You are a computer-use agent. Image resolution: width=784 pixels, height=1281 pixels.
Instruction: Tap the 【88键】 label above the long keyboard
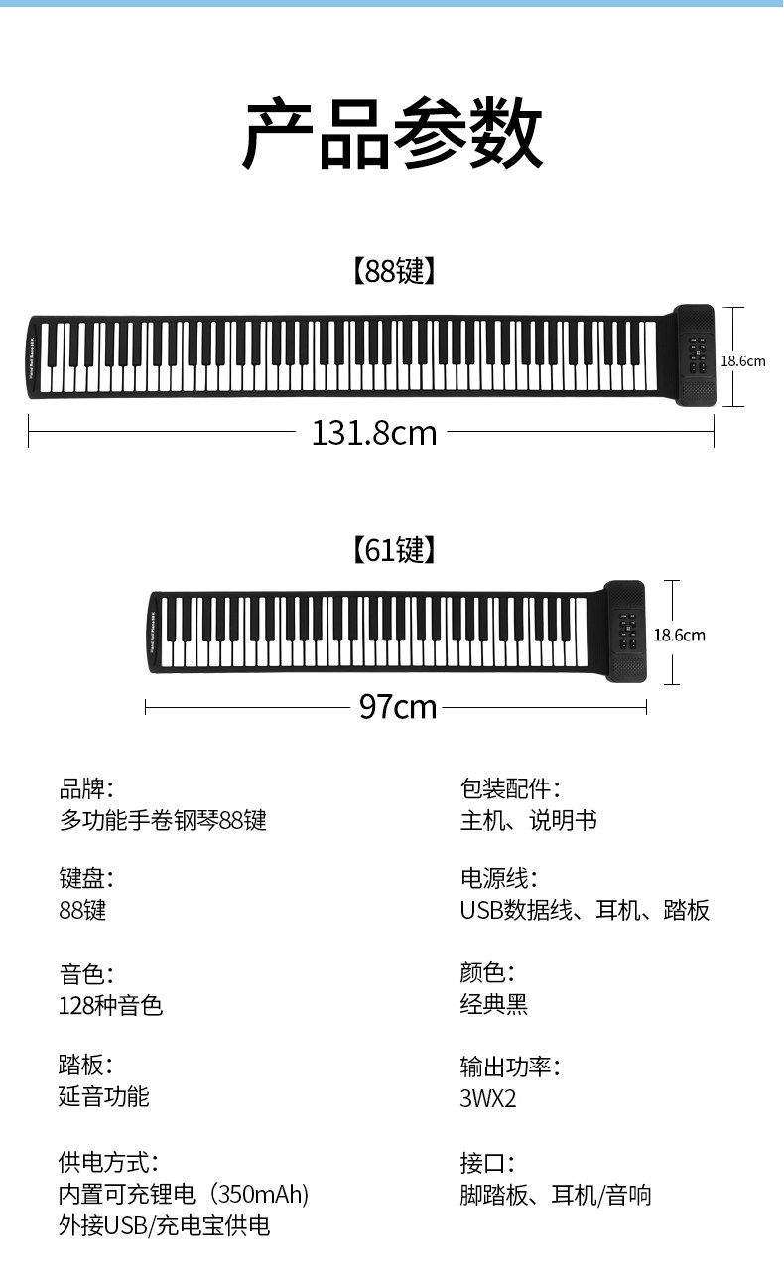click(x=392, y=271)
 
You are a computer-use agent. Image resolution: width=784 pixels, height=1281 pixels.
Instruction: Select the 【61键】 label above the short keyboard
click(x=392, y=549)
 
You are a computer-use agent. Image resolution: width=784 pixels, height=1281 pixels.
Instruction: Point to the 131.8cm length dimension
click(x=373, y=433)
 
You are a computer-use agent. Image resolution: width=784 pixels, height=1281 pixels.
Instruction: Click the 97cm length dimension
click(x=397, y=707)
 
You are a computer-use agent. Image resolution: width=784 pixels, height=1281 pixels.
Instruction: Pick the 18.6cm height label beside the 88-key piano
click(x=742, y=361)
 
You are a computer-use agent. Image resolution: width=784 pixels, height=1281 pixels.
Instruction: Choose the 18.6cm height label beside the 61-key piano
click(x=679, y=635)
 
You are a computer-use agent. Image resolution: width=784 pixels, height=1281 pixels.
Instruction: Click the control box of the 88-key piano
click(x=695, y=356)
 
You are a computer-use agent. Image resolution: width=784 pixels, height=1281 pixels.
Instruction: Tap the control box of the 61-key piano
click(x=625, y=631)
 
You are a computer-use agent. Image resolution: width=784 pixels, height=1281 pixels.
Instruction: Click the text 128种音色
click(x=110, y=1005)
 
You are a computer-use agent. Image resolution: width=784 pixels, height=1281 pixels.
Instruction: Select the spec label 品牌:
click(x=86, y=789)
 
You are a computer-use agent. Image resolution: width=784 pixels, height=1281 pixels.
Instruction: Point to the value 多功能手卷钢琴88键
click(x=163, y=821)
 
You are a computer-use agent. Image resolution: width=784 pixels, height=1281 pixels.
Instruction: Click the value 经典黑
click(x=493, y=1004)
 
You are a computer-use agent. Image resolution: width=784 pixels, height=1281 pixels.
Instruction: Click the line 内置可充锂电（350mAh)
click(x=184, y=1194)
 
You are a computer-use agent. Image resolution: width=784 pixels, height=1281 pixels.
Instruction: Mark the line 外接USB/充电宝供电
click(x=164, y=1225)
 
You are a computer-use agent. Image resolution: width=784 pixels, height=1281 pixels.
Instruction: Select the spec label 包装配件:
click(x=510, y=789)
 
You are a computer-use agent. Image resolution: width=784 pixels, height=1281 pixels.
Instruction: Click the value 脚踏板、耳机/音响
click(x=555, y=1194)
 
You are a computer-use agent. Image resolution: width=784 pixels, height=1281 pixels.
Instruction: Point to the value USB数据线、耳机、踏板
click(x=585, y=910)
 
